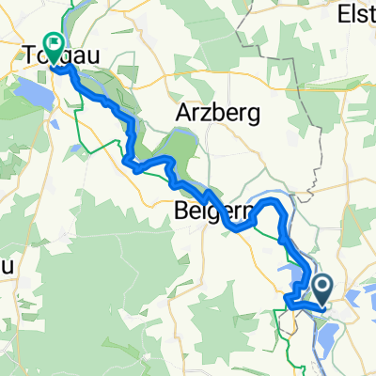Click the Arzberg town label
[x=210, y=113]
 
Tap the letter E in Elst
[x=340, y=14]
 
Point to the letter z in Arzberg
[x=203, y=113]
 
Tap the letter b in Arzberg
[x=213, y=113]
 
